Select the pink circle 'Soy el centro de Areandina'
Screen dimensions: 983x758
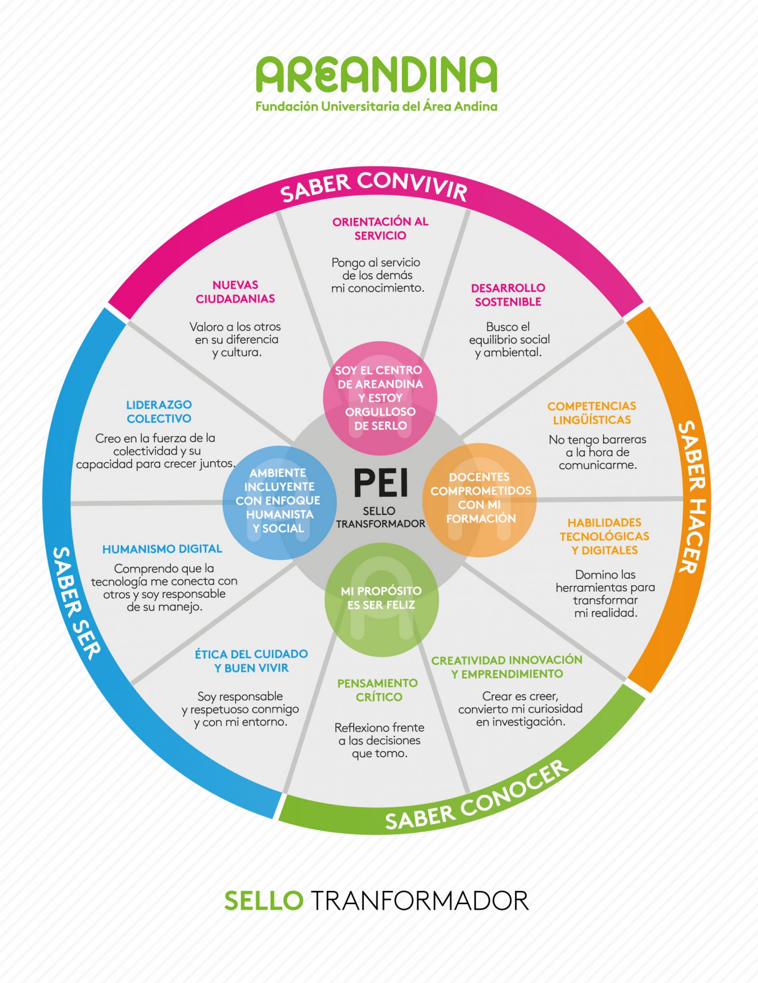point(380,398)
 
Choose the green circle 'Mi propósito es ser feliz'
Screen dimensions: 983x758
point(381,599)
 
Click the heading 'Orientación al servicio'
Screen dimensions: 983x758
point(380,228)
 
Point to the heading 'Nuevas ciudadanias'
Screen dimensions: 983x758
point(235,292)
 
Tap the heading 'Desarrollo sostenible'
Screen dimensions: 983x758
point(508,295)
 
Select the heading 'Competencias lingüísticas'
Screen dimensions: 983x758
point(591,413)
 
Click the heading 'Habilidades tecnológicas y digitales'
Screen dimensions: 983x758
point(604,536)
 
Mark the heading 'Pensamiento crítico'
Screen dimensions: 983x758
point(377,690)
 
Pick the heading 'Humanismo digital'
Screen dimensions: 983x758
point(162,549)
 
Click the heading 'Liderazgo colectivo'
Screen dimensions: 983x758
point(159,411)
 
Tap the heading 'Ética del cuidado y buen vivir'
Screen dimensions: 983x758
point(251,661)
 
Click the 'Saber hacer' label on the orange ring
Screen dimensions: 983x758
point(691,497)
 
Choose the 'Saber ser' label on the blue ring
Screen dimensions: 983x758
point(76,603)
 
